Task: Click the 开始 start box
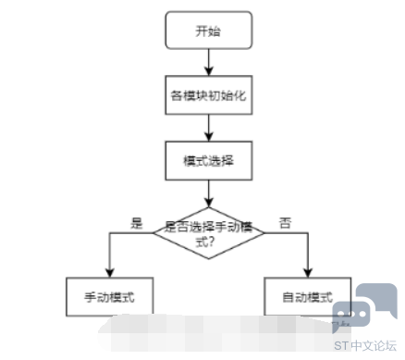[x=209, y=31]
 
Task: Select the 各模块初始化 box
[x=209, y=95]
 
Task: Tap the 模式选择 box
[x=209, y=161]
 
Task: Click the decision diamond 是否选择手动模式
[x=209, y=233]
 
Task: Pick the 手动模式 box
[x=110, y=297]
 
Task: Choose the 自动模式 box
[x=308, y=297]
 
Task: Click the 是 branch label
[x=137, y=223]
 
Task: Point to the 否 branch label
[x=285, y=223]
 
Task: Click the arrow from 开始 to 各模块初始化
[x=209, y=62]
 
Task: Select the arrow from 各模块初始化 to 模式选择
[x=209, y=128]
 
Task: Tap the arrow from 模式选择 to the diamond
[x=209, y=193]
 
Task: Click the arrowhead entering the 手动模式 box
[x=110, y=273]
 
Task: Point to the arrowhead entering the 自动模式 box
[x=308, y=273]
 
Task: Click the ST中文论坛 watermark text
[x=365, y=346]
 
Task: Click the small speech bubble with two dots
[x=350, y=316]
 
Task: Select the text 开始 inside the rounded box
[x=208, y=31]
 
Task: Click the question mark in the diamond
[x=210, y=242]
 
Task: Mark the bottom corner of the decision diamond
[x=209, y=258]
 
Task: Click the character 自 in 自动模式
[x=288, y=297]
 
